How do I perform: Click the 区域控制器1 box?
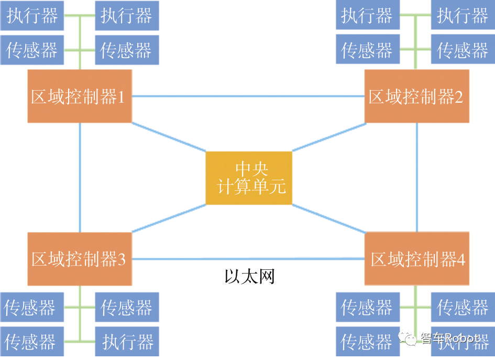point(79,96)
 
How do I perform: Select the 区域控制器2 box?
point(417,96)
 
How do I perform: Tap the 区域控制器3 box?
point(79,259)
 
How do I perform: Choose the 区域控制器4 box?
point(417,259)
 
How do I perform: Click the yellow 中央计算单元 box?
point(248,178)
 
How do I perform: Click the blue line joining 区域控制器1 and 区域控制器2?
point(248,96)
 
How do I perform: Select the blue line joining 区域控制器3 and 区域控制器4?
point(248,259)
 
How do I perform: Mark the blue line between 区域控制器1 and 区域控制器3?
point(80,178)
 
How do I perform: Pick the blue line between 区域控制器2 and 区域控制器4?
point(417,178)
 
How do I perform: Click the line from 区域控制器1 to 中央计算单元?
point(169,137)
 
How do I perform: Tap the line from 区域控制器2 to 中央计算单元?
point(328,137)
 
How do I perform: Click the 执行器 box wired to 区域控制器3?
point(127,343)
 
